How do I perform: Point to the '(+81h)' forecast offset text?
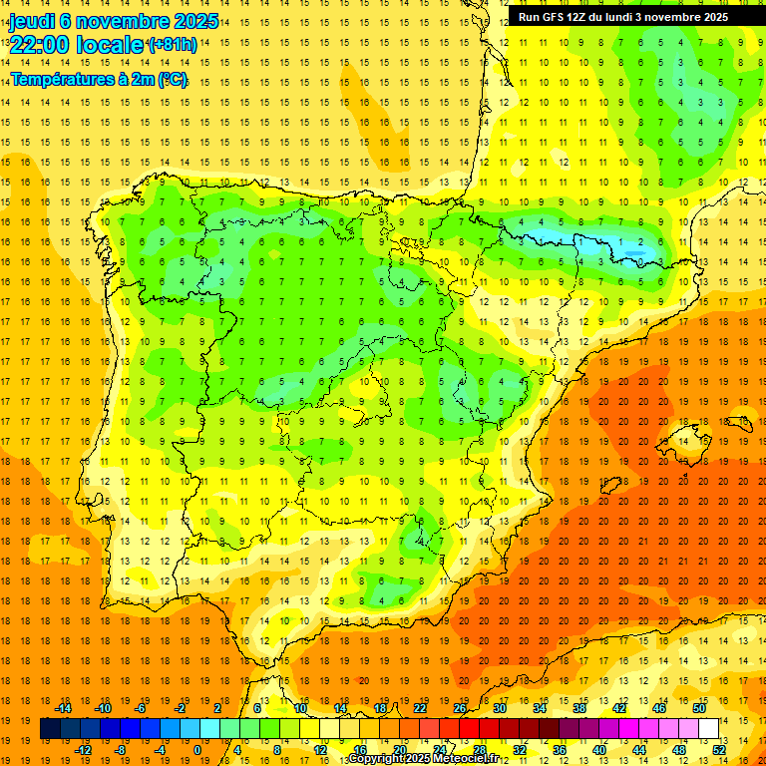pos(172,45)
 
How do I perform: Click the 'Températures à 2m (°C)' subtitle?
pos(99,79)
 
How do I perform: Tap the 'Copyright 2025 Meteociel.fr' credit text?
pos(423,759)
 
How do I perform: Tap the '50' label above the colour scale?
pos(699,708)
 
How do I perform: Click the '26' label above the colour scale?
pos(460,708)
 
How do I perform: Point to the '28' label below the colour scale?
pos(480,749)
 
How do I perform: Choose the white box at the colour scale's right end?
pos(708,729)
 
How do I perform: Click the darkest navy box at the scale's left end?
pos(50,729)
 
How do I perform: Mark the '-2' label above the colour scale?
pos(180,708)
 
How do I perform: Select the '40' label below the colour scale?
pos(599,749)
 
